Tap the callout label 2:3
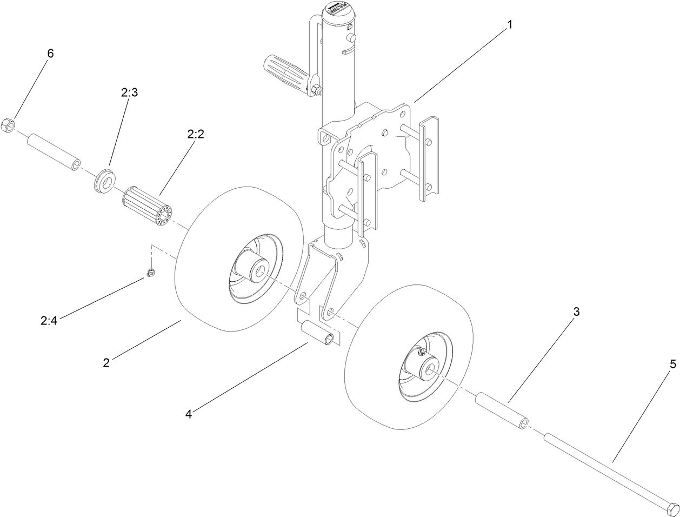coord(129,92)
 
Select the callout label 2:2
coord(195,135)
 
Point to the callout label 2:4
coord(49,321)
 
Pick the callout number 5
coord(672,364)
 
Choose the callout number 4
coord(188,414)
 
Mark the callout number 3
coord(576,311)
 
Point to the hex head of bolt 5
coord(670,509)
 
